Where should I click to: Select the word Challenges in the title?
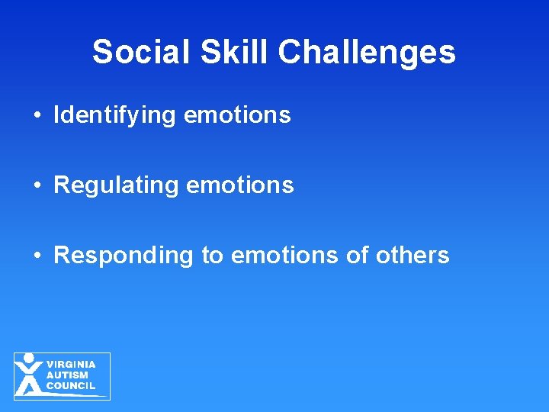pyautogui.click(x=367, y=53)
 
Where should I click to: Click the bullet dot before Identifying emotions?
pyautogui.click(x=37, y=116)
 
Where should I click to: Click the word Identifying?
pyautogui.click(x=115, y=115)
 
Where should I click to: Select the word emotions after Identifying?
pyautogui.click(x=237, y=115)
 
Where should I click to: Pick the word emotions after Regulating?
pyautogui.click(x=239, y=185)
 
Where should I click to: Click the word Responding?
pyautogui.click(x=124, y=256)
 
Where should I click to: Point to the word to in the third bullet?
pyautogui.click(x=212, y=256)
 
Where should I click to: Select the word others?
pyautogui.click(x=413, y=256)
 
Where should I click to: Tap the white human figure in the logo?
pyautogui.click(x=29, y=377)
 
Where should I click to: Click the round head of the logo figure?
pyautogui.click(x=29, y=358)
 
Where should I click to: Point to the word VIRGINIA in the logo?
pyautogui.click(x=71, y=365)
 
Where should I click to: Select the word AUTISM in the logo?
pyautogui.click(x=67, y=375)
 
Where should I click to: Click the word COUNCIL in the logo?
pyautogui.click(x=71, y=386)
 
